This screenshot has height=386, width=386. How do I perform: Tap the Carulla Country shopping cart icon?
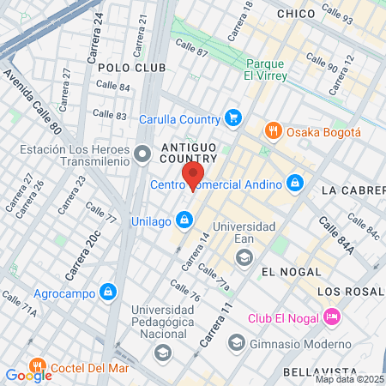(232, 118)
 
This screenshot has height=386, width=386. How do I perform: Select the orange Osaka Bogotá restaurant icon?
(274, 131)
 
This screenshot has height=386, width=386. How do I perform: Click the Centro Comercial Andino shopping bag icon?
(294, 183)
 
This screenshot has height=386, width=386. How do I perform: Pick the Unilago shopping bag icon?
(184, 220)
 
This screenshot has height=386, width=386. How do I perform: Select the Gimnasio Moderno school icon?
(237, 343)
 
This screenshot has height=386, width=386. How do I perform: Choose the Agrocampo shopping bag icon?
(107, 292)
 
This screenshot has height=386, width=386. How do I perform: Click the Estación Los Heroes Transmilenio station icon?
(142, 154)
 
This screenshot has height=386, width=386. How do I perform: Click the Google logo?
(28, 375)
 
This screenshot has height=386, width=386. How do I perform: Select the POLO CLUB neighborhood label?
(126, 66)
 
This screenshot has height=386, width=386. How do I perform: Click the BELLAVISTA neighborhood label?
(313, 372)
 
